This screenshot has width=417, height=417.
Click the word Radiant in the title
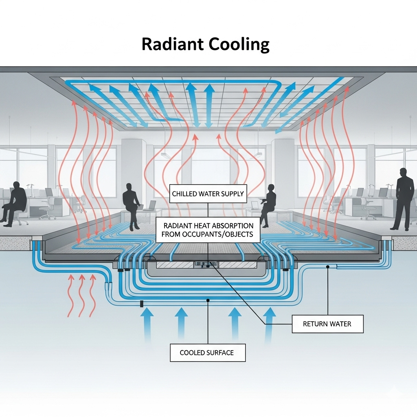tap(171, 44)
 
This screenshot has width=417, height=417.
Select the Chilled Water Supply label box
tap(208, 194)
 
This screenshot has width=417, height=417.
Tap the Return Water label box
tap(327, 324)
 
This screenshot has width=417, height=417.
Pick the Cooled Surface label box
tap(207, 353)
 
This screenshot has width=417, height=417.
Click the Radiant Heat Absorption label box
tap(208, 230)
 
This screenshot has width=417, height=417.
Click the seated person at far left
tap(15, 202)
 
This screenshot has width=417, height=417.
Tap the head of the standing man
tap(404, 172)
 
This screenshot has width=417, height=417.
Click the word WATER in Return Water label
tap(339, 324)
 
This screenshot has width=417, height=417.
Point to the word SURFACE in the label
tap(220, 353)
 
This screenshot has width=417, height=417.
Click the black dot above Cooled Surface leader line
tap(208, 301)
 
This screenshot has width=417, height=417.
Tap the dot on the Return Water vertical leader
tap(327, 267)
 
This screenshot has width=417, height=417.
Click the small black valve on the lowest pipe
tap(142, 304)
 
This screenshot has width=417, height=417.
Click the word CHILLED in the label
tap(185, 194)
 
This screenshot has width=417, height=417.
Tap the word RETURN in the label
tap(314, 324)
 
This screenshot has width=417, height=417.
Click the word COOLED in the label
tap(192, 353)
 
